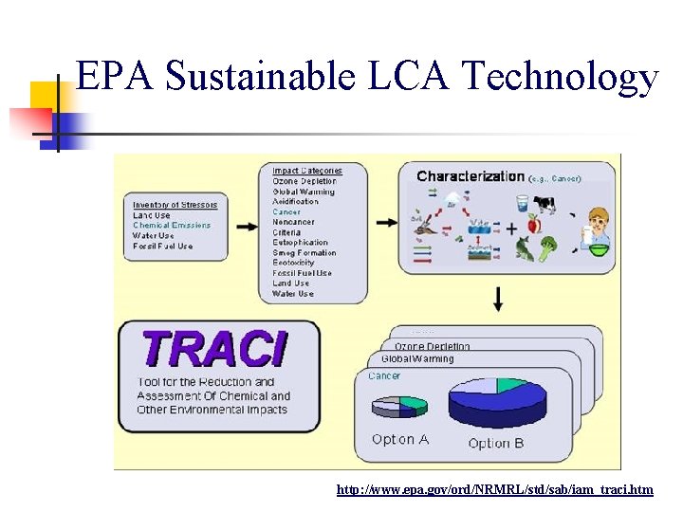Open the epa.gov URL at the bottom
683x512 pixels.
(x=494, y=489)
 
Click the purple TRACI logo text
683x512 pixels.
(x=212, y=349)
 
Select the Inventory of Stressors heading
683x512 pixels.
(x=175, y=205)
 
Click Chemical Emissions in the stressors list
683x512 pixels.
(x=172, y=226)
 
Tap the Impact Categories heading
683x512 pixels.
(x=307, y=171)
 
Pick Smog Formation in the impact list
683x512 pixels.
(x=304, y=253)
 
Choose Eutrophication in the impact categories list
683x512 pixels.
(x=300, y=243)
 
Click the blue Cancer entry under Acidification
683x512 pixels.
(x=286, y=212)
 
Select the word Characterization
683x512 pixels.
(x=471, y=175)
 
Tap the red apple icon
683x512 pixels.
(x=533, y=226)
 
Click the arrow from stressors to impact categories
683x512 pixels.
(x=245, y=227)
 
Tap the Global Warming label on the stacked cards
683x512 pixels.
(x=417, y=359)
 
